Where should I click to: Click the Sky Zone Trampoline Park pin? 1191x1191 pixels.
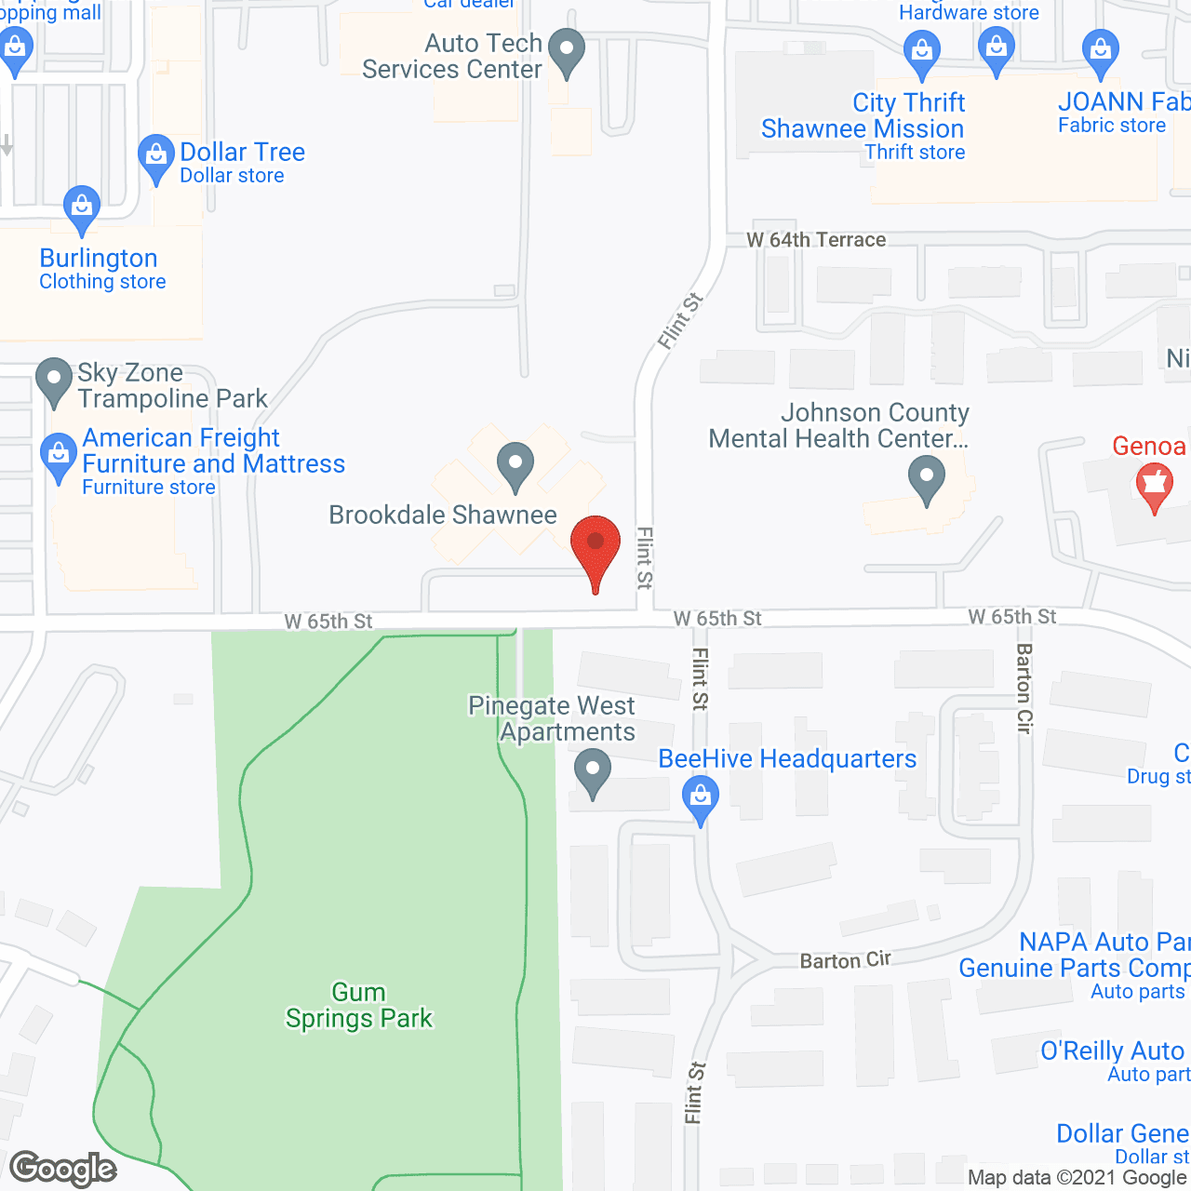(x=53, y=381)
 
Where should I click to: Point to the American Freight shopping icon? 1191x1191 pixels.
(x=59, y=456)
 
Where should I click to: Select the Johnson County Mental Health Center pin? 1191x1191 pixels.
(x=926, y=478)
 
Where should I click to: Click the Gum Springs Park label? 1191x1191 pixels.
(x=359, y=1006)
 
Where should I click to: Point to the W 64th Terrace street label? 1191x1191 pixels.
(x=816, y=240)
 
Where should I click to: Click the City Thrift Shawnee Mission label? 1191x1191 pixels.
(x=863, y=116)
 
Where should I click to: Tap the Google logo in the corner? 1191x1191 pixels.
(x=63, y=1169)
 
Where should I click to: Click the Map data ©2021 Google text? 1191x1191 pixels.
(x=1078, y=1178)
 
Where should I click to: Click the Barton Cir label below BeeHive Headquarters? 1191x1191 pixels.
(x=845, y=960)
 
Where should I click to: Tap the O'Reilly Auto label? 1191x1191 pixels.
(x=1112, y=1051)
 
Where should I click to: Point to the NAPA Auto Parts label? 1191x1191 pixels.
(x=1104, y=942)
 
